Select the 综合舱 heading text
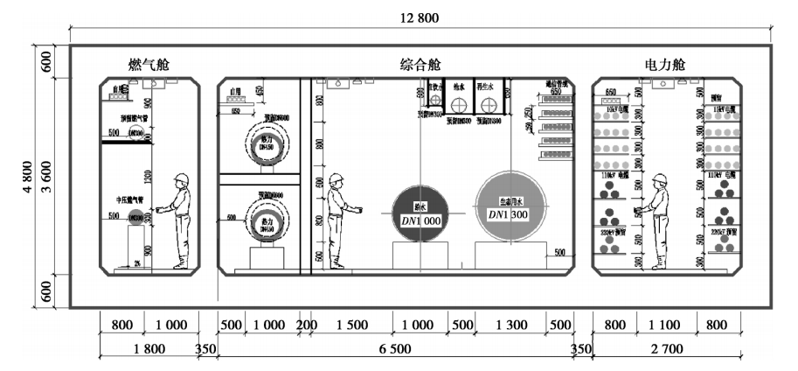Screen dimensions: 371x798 point(420,66)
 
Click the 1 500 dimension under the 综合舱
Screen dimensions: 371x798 point(350,325)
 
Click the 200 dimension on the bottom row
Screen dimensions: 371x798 point(307,325)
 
